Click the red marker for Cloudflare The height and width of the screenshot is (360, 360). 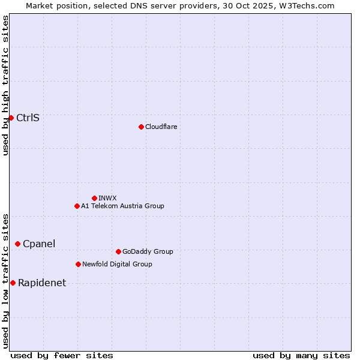pos(141,127)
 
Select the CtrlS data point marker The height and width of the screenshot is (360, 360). pos(11,118)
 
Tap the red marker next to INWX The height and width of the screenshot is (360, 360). pos(94,198)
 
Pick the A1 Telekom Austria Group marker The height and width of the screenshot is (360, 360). pos(77,206)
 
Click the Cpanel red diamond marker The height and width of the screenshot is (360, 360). pos(17,244)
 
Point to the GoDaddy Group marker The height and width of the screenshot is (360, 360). pos(118,251)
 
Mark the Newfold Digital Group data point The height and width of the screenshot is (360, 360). pos(78,264)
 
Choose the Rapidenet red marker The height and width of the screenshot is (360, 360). pos(13,283)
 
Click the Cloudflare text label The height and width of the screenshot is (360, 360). pos(161,127)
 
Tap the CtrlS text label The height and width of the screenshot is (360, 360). pos(28,118)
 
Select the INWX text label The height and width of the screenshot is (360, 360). pos(107,198)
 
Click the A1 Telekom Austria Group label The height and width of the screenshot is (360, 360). pos(122,206)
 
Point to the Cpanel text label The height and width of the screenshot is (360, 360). pos(39,244)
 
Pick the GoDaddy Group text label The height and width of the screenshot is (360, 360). pos(148,251)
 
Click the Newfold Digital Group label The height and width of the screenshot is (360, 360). pos(117,264)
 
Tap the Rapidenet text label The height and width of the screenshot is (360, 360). pos(42,283)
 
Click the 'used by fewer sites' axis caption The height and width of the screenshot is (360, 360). pos(62,355)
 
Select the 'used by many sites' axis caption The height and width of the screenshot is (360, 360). pos(301,355)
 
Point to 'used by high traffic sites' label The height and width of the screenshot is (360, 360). pos(5,85)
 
